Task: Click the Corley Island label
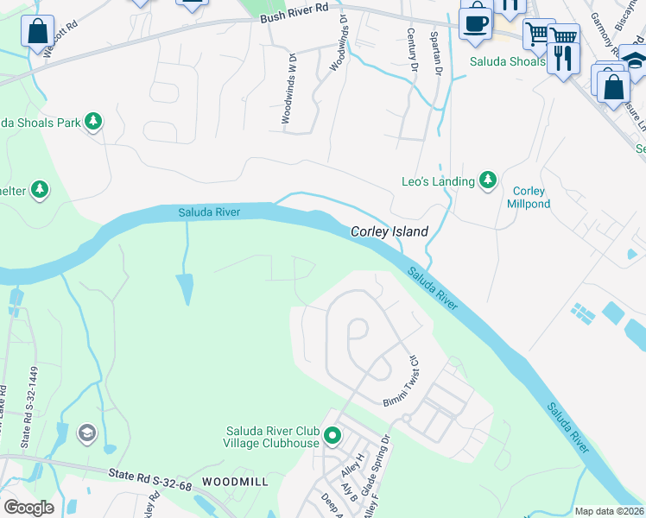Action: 389,232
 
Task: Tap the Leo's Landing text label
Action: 438,181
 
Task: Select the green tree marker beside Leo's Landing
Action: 488,180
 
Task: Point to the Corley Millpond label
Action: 529,198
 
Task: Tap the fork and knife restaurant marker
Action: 563,58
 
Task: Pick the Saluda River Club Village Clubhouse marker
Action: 332,438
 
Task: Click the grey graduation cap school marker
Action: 86,433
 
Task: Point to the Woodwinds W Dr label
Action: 287,89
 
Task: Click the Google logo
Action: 28,508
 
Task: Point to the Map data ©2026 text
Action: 608,511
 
